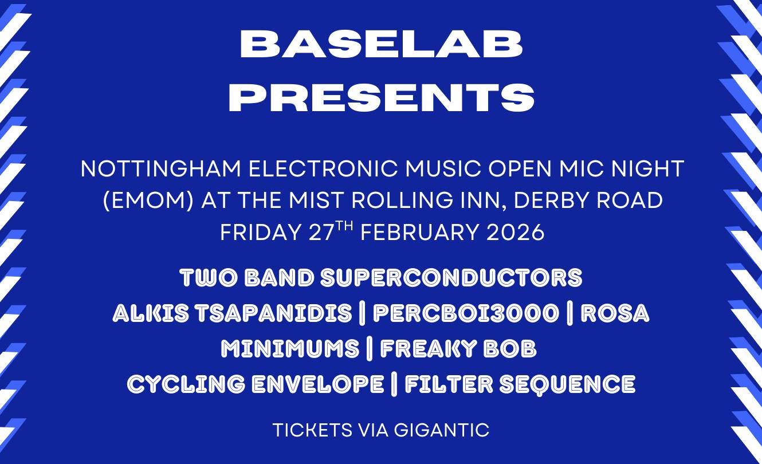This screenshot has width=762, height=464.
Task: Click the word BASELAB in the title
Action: click(381, 45)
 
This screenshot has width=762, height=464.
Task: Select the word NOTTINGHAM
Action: click(161, 169)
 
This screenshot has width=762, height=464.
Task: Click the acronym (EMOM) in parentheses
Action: click(148, 200)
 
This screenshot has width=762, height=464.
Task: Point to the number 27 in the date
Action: click(321, 233)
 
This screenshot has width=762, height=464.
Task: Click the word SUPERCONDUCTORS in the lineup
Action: click(451, 278)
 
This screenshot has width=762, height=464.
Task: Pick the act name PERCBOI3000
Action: click(466, 313)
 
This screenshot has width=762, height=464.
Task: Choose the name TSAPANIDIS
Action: click(274, 313)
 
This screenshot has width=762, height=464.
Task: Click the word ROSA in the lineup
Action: click(615, 313)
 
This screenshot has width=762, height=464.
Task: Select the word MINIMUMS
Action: click(290, 349)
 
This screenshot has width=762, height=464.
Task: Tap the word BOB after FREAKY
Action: click(510, 349)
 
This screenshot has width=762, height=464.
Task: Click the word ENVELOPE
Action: click(318, 384)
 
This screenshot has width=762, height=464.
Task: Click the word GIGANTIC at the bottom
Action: click(442, 430)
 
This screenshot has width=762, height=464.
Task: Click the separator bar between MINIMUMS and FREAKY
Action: click(370, 349)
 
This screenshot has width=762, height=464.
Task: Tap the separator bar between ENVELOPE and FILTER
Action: click(394, 384)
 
